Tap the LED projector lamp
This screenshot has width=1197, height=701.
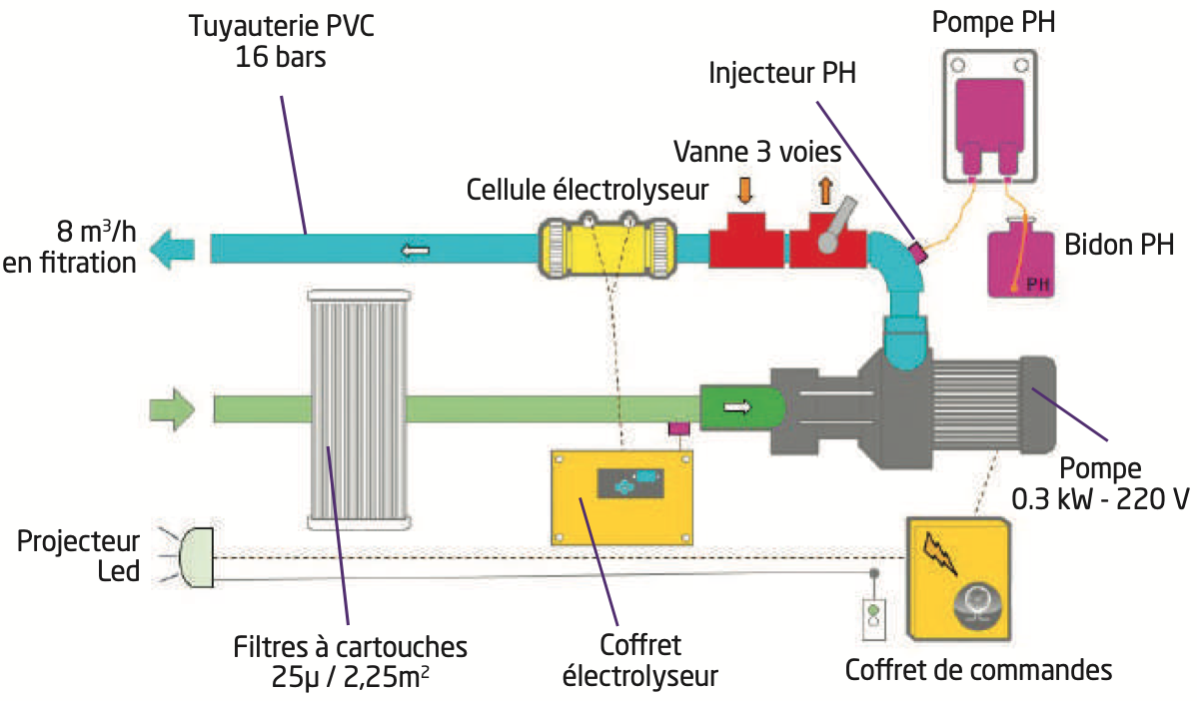(195, 557)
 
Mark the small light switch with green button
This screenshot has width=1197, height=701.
(873, 617)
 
